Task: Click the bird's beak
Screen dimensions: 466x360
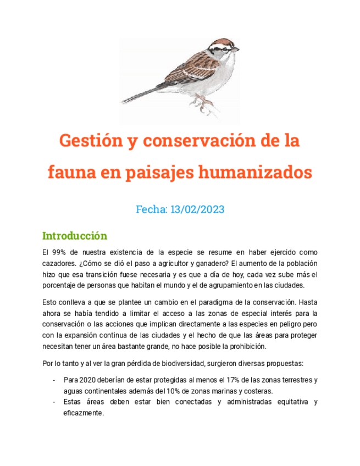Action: pos(237,49)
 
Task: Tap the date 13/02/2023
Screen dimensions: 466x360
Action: pos(197,209)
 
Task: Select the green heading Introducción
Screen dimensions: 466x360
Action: pos(74,236)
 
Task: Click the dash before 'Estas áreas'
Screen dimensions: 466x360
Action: pos(53,402)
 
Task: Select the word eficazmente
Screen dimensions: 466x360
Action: pos(84,413)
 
